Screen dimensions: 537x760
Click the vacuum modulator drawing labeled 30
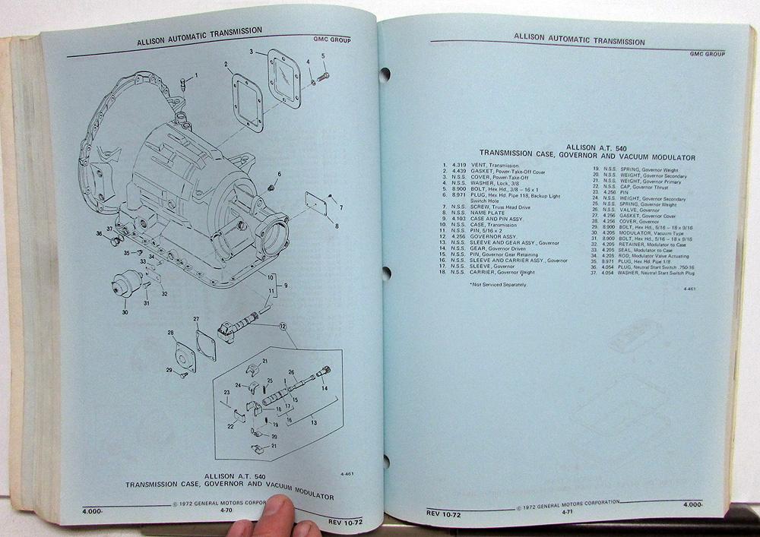click(127, 284)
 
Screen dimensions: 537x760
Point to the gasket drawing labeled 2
click(248, 103)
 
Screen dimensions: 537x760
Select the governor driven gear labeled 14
click(321, 374)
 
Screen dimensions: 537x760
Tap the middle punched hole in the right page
click(386, 273)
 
